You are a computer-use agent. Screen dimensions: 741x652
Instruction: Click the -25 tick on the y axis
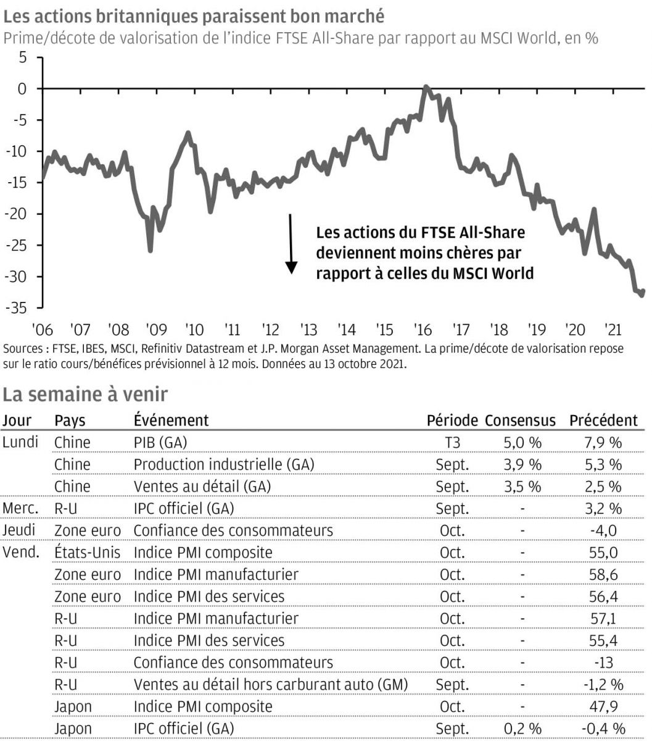17,245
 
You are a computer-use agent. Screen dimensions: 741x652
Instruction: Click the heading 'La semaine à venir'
85,393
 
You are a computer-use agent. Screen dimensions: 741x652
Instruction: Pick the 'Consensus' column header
520,421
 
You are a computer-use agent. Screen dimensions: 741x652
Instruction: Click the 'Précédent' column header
603,421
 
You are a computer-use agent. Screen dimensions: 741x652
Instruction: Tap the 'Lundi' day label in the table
20,442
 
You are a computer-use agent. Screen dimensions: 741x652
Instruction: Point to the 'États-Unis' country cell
87,552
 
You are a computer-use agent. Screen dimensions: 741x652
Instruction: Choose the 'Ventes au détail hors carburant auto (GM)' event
271,684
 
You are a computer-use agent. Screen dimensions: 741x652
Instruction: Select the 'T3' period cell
452,443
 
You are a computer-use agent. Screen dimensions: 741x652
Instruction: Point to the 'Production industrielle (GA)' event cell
224,464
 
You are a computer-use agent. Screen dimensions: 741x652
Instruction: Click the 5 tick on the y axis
23,57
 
